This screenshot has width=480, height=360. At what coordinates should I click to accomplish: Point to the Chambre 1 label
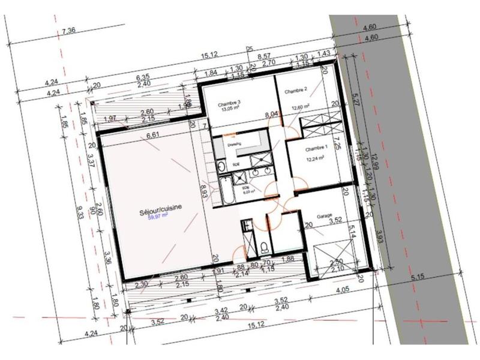[316, 148]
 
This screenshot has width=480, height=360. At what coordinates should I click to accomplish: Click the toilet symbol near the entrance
[264, 245]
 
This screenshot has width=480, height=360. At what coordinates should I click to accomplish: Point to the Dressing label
[234, 143]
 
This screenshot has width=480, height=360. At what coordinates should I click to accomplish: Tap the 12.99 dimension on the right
[375, 163]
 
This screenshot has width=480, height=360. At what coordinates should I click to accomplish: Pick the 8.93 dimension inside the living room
[203, 192]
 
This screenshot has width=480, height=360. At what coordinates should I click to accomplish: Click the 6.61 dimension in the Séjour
[154, 136]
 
